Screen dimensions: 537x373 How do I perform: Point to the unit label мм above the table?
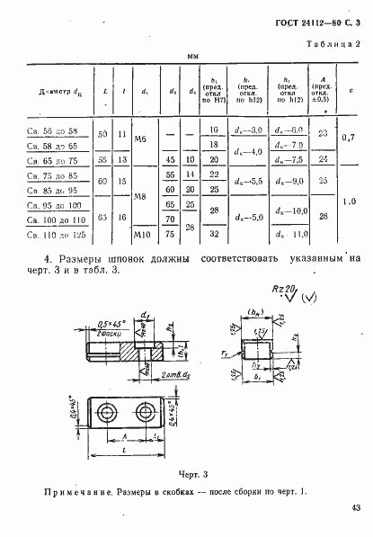191,57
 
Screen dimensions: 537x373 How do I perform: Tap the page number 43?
356,511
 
